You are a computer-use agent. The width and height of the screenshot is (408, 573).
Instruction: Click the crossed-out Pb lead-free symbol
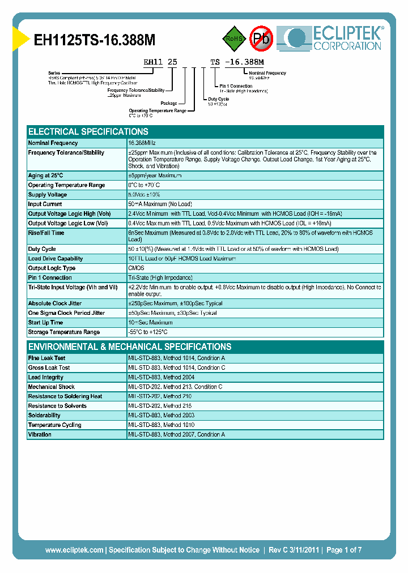[x=261, y=39]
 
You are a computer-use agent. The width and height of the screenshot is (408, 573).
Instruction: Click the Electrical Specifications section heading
[x=88, y=131]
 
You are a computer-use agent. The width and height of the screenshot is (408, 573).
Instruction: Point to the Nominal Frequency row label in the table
[x=53, y=143]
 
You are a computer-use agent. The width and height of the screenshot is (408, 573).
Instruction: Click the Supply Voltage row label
[x=48, y=195]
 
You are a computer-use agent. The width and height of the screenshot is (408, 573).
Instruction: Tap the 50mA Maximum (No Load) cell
[x=160, y=204]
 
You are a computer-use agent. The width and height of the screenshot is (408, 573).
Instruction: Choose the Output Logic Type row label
[x=52, y=268]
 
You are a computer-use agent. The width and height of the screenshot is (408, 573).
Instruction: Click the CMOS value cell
[x=137, y=268]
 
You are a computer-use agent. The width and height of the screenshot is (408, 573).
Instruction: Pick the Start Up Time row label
[x=45, y=323]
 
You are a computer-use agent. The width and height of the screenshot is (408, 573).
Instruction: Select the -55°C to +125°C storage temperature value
[x=148, y=332]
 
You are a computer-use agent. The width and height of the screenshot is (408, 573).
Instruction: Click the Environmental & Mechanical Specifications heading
[x=130, y=347]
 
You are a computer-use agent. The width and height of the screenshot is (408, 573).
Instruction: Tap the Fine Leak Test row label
[x=47, y=358]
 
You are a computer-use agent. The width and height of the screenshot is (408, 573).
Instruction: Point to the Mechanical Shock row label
[x=52, y=387]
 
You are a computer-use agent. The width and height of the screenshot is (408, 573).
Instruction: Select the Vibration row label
[x=40, y=435]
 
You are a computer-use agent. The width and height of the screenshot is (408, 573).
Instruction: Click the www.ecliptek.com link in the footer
[x=74, y=550]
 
